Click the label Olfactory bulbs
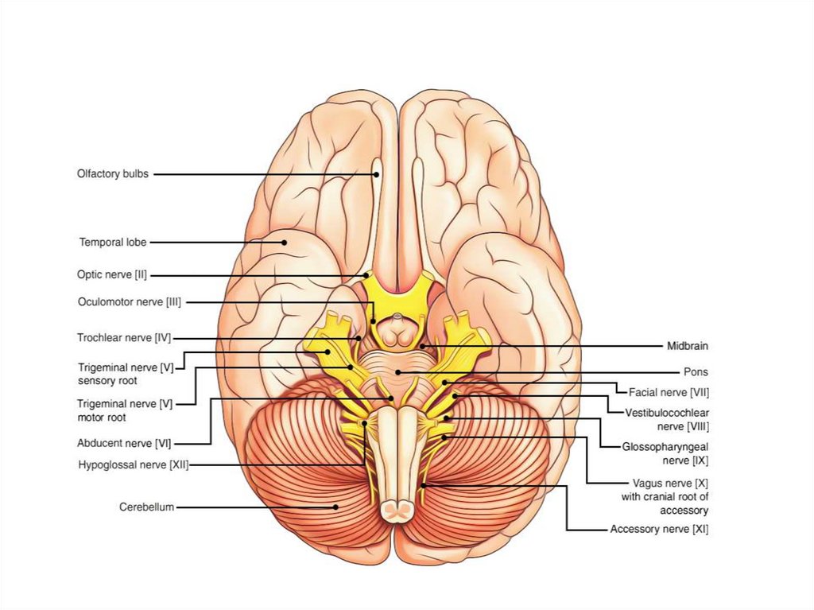pos(112,174)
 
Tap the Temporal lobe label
pos(112,242)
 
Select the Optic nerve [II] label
pos(111,275)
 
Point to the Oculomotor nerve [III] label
pos(130,302)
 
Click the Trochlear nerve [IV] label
pos(124,338)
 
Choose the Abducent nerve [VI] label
pos(124,443)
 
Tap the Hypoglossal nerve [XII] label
pos(133,464)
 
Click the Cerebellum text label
pos(146,507)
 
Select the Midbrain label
pos(687,346)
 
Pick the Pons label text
pos(696,371)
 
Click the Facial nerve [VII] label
pos(669,392)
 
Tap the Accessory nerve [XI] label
pos(659,529)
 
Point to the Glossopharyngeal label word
pos(665,447)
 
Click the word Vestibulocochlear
pos(667,413)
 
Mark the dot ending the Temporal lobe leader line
pos(283,242)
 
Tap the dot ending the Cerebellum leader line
pos(336,507)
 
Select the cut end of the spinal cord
pos(393,509)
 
